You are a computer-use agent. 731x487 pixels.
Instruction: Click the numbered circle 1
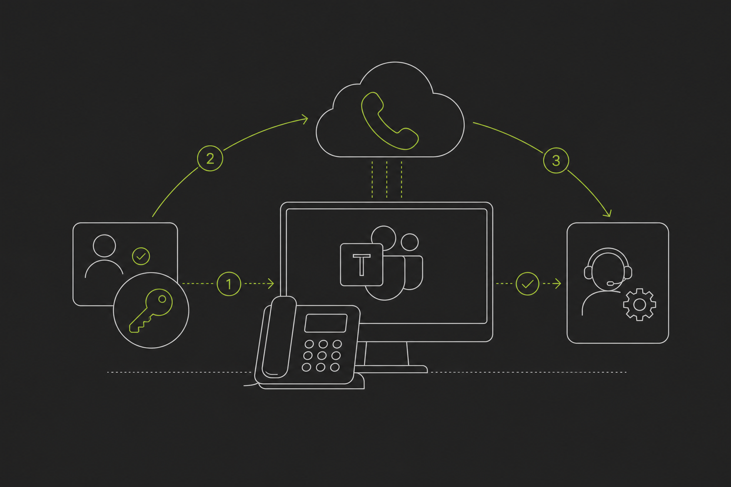click(x=229, y=284)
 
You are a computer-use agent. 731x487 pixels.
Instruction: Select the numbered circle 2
click(x=210, y=158)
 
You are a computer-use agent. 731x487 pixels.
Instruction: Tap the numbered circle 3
click(x=556, y=160)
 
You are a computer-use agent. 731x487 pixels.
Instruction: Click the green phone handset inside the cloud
click(x=390, y=121)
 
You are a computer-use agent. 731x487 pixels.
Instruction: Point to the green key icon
click(x=151, y=310)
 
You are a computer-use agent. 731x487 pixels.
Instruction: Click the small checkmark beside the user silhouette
click(x=141, y=256)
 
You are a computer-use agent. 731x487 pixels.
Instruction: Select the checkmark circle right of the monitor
click(x=527, y=284)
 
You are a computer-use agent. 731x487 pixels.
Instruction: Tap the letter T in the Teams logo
click(x=361, y=265)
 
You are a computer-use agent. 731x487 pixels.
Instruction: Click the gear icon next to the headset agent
click(x=639, y=305)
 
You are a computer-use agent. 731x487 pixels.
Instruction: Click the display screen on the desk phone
click(x=326, y=323)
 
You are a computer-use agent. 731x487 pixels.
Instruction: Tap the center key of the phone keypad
click(x=322, y=356)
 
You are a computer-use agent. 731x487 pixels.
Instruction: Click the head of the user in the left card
click(x=104, y=245)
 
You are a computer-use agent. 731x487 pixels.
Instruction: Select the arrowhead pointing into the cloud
click(x=305, y=119)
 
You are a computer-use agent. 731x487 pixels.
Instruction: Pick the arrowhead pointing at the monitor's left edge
click(x=271, y=284)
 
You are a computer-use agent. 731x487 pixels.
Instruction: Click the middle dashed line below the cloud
click(x=387, y=179)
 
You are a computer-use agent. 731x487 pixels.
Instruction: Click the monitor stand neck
click(x=386, y=353)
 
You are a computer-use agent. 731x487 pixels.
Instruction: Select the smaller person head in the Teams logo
click(x=410, y=242)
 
